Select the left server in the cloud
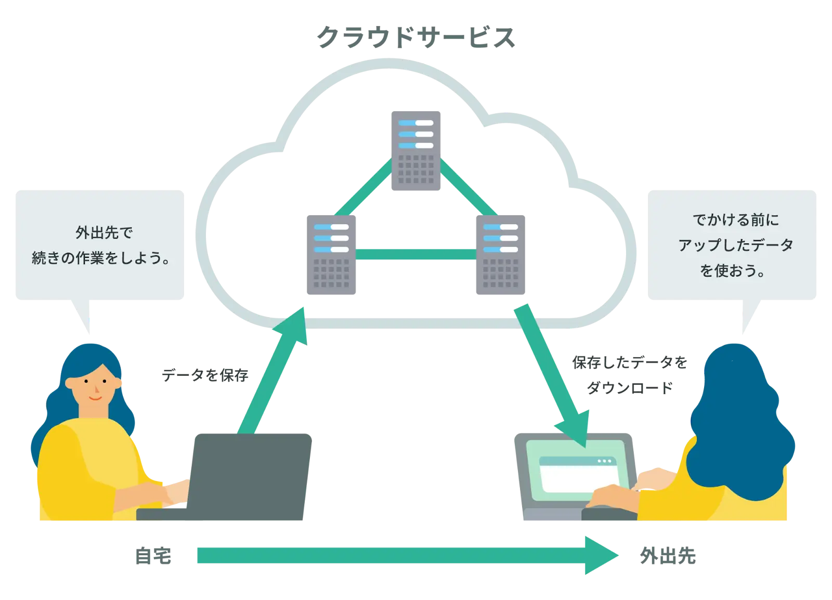[331, 253]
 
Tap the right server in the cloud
[501, 253]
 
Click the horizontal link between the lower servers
[415, 254]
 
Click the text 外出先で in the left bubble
[104, 233]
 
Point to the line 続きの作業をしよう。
[102, 258]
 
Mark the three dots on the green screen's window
[604, 461]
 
